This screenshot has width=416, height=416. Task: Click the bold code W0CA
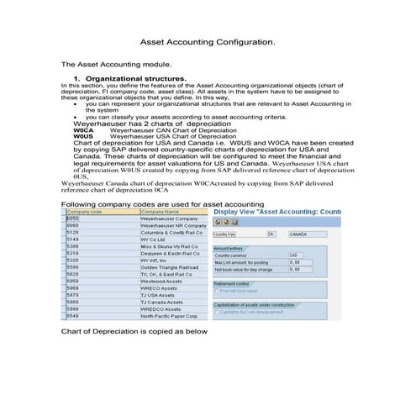[82, 130]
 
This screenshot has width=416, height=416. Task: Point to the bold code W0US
[82, 136]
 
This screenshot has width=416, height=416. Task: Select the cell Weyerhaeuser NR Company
[172, 226]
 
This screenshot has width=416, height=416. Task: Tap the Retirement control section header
[233, 283]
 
